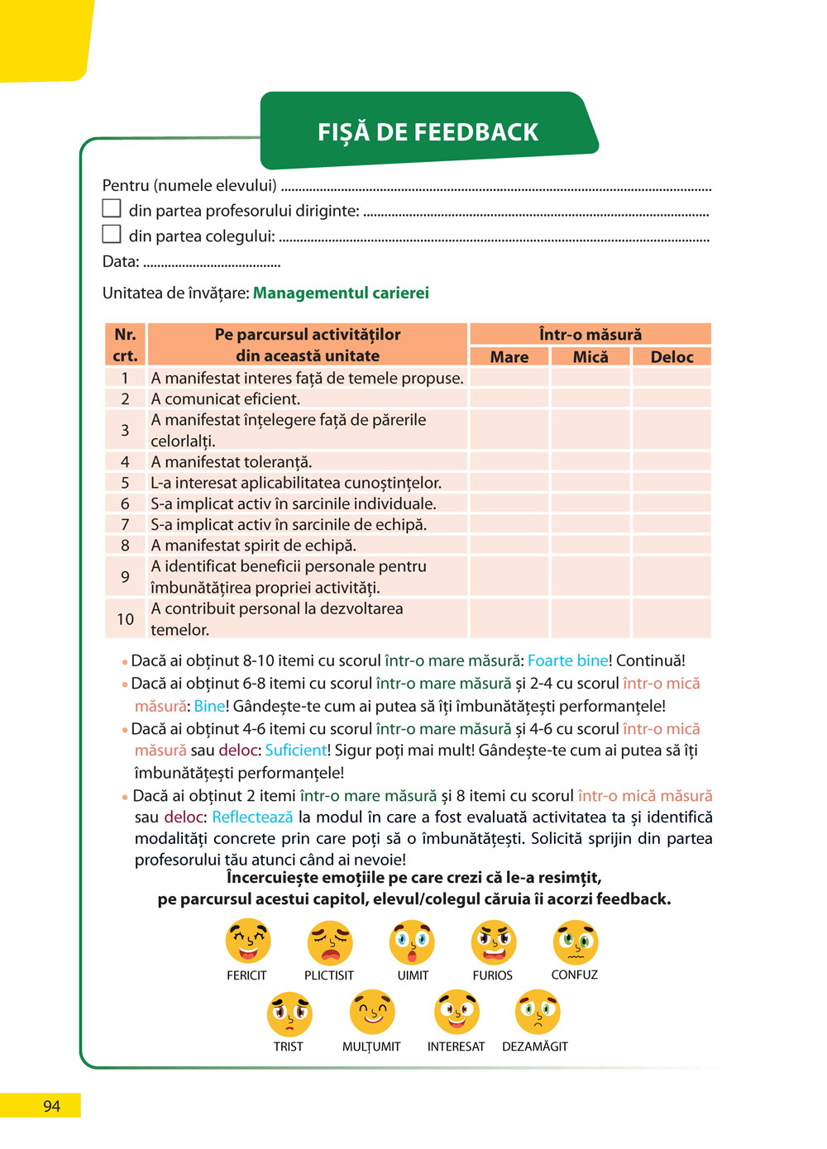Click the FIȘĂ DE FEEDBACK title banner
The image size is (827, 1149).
(428, 131)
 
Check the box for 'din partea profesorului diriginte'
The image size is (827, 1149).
(112, 208)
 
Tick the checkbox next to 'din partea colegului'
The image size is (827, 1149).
(112, 234)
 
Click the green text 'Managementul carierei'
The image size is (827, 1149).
(341, 293)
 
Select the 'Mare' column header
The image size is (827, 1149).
(509, 356)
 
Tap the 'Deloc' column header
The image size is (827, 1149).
(672, 356)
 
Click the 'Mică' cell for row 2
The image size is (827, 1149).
(590, 398)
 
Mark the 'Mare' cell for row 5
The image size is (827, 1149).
(509, 483)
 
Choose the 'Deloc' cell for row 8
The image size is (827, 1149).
(672, 546)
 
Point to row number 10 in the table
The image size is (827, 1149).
(125, 619)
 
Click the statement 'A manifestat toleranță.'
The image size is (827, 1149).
(232, 462)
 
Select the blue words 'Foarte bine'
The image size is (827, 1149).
(568, 660)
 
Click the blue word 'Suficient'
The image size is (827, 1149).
(296, 751)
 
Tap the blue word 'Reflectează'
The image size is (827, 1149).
(252, 817)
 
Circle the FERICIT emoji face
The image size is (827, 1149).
(248, 941)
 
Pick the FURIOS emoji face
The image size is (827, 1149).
(494, 942)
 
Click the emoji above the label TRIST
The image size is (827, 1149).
(289, 1013)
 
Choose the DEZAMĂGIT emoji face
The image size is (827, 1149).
(538, 1012)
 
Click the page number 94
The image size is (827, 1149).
(51, 1106)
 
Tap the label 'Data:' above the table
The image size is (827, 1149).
(121, 261)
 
